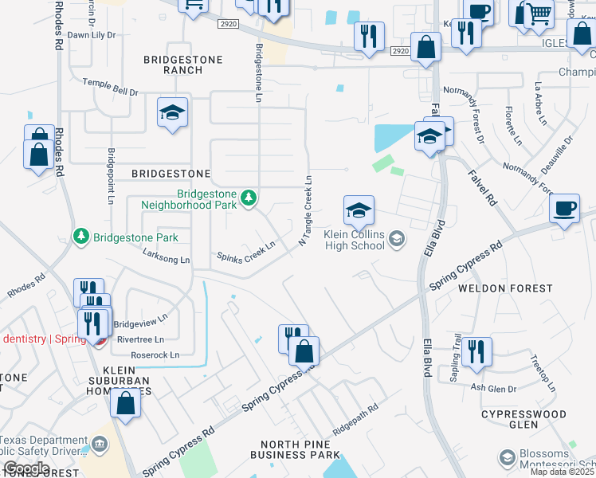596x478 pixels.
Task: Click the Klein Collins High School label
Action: pos(354,240)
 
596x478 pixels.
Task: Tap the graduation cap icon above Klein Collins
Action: pos(359,210)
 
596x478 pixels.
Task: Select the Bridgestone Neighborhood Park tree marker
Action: pos(249,197)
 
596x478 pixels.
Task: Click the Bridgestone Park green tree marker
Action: pos(80,237)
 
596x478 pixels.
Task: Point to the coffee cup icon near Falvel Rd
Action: pos(564,209)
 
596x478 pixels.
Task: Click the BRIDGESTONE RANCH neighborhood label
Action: pos(173,65)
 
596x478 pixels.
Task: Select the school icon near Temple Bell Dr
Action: pos(171,113)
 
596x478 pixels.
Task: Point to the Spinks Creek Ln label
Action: pos(246,252)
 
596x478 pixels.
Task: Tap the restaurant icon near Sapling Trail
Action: pos(476,351)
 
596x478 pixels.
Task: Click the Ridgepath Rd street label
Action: pos(355,418)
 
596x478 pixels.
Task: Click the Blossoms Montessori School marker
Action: pos(507,457)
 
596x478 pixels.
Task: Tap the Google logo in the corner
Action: pos(25,468)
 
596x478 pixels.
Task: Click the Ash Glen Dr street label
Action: pos(489,388)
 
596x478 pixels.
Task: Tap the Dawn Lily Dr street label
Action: pos(91,35)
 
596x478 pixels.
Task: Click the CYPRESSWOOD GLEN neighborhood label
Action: pos(523,420)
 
